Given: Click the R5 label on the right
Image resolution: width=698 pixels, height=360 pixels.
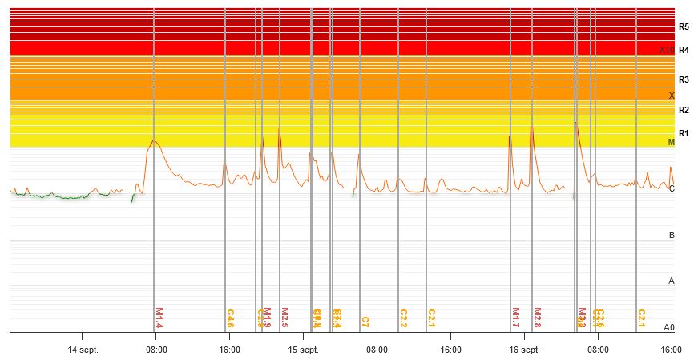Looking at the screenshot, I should pyautogui.click(x=684, y=26).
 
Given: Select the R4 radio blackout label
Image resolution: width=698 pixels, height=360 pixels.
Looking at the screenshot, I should pyautogui.click(x=684, y=50).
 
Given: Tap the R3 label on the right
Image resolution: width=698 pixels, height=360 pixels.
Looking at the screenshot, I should pyautogui.click(x=684, y=79).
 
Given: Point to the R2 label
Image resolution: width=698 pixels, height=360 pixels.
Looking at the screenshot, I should pyautogui.click(x=684, y=110).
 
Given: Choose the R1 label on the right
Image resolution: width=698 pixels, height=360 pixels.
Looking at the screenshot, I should pyautogui.click(x=684, y=133).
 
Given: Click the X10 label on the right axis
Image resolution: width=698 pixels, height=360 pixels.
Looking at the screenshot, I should pyautogui.click(x=666, y=50).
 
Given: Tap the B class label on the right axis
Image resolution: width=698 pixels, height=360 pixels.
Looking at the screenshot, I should pyautogui.click(x=672, y=235).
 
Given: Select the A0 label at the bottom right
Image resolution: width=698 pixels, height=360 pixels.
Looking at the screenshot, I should pyautogui.click(x=669, y=327).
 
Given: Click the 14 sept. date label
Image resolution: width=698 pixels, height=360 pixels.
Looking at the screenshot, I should pyautogui.click(x=83, y=350).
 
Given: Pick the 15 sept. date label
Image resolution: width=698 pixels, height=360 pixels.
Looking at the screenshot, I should pyautogui.click(x=304, y=350).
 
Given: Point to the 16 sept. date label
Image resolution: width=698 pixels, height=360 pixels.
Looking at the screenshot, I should pyautogui.click(x=524, y=350).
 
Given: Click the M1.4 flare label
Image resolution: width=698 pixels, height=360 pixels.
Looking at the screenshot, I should pyautogui.click(x=159, y=318).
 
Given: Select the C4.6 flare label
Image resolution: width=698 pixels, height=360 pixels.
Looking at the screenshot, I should pyautogui.click(x=230, y=318).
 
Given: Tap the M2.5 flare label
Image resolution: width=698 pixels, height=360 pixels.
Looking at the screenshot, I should pyautogui.click(x=284, y=318).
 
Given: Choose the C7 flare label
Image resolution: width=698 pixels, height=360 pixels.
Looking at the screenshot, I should pyautogui.click(x=365, y=322).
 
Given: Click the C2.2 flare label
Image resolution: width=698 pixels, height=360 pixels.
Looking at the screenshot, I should pyautogui.click(x=403, y=318).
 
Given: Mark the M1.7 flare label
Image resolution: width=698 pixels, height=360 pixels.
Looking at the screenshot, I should pyautogui.click(x=515, y=318).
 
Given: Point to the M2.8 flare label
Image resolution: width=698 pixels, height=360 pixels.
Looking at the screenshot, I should pyautogui.click(x=537, y=318).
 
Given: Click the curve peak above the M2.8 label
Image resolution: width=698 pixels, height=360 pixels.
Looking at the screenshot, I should pyautogui.click(x=531, y=125).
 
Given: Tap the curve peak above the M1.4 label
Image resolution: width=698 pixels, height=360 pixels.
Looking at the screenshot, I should pyautogui.click(x=154, y=140).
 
